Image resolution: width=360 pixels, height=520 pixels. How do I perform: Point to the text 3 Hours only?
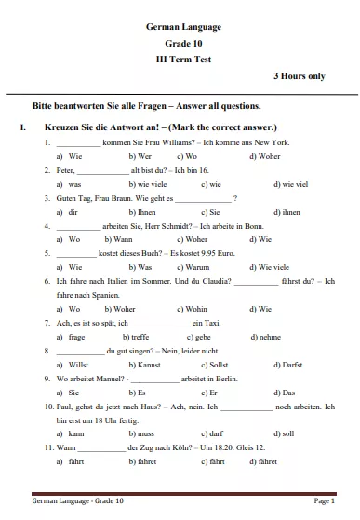coord(299,75)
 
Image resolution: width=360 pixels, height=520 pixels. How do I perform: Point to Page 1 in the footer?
coord(325,500)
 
